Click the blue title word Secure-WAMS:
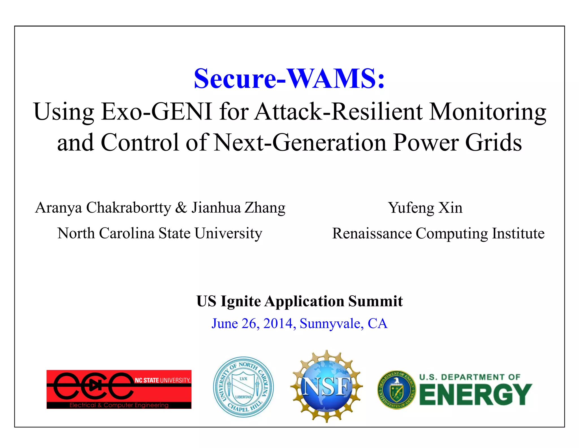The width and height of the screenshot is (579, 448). coord(289,78)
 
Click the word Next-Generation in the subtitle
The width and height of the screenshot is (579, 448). coord(300,142)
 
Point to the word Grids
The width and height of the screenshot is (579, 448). coord(493,142)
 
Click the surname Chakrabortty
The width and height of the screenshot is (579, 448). coord(129,208)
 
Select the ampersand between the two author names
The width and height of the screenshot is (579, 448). coord(181,208)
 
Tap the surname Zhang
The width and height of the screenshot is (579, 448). coord(265,208)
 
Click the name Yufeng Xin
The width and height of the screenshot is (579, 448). coord(425,208)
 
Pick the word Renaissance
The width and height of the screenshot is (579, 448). coord(372,233)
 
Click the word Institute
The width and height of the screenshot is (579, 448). coord(518,233)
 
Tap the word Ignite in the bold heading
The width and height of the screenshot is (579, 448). coord(241,301)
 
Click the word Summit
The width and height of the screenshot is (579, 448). coord(375,301)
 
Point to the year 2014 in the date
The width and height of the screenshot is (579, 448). coord(278,323)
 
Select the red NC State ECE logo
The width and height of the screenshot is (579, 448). coord(119,389)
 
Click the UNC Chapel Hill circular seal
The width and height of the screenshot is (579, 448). coord(243,387)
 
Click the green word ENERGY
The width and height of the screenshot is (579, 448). coord(476,394)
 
